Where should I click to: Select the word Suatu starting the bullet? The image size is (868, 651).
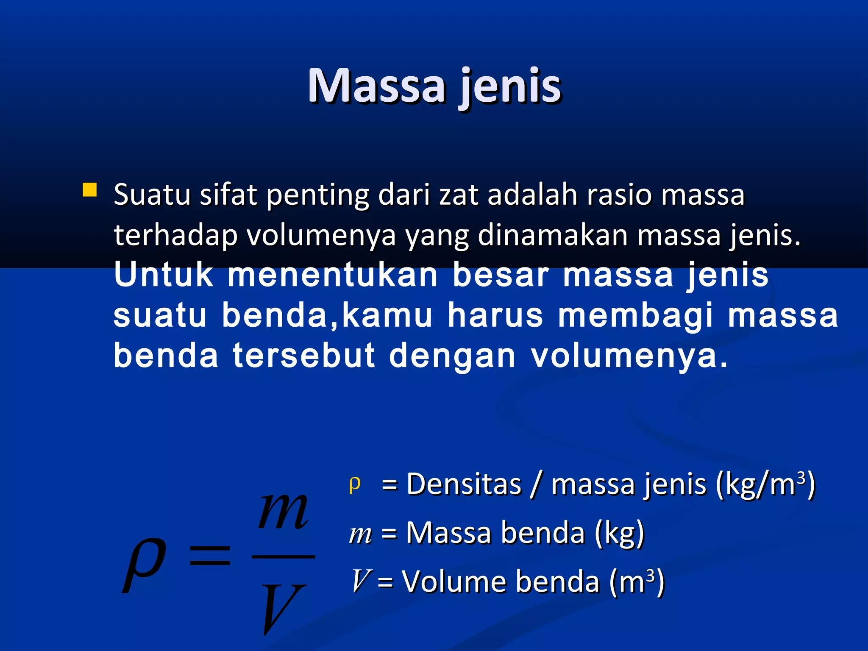click(x=152, y=195)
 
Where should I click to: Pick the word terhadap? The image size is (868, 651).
click(x=175, y=235)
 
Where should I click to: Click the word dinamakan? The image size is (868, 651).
click(x=553, y=235)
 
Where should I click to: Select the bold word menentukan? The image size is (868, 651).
click(x=333, y=275)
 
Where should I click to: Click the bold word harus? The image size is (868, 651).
click(x=495, y=315)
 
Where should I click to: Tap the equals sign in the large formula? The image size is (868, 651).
click(x=210, y=556)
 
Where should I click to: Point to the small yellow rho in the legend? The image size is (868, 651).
click(x=355, y=484)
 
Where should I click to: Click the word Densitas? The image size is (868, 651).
click(x=464, y=484)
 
